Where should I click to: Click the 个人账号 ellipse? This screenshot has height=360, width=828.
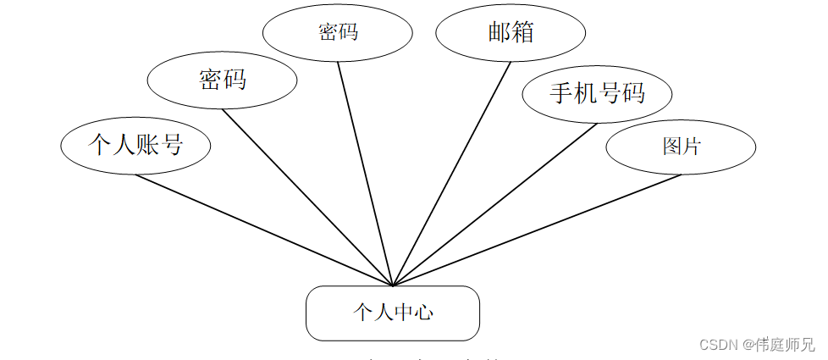[x=135, y=146]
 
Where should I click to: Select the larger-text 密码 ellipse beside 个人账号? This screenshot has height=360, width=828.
[x=222, y=80]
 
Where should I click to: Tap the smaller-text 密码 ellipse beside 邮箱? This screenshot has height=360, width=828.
[x=338, y=33]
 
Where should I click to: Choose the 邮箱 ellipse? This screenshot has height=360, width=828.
[x=511, y=33]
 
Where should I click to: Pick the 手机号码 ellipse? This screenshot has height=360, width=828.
[x=597, y=93]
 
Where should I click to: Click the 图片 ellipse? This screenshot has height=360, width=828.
[x=681, y=146]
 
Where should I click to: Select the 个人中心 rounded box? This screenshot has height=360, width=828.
[x=393, y=313]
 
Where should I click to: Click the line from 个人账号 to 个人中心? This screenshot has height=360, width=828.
[x=262, y=230]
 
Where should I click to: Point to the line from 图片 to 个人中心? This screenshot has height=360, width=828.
[x=538, y=230]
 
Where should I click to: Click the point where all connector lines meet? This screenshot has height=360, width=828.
[x=393, y=285]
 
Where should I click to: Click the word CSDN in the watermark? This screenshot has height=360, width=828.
[x=718, y=345]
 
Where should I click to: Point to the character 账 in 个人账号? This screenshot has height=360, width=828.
[x=147, y=144]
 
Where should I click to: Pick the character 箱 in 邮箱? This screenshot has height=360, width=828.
[x=522, y=32]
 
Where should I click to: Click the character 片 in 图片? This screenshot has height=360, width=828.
[x=691, y=146]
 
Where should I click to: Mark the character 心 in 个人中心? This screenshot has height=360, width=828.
[x=424, y=313]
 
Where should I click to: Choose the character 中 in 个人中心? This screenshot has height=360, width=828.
[x=403, y=313]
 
